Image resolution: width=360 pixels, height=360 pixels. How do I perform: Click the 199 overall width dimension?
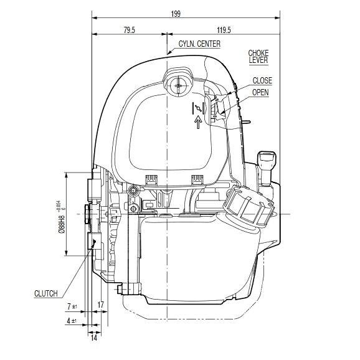point(176,14)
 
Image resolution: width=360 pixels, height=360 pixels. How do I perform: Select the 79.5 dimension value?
point(130,30)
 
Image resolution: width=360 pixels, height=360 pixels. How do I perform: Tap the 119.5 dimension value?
point(224,30)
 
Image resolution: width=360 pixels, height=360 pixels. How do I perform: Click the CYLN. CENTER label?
point(199,44)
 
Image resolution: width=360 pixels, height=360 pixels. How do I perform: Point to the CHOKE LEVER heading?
point(258,57)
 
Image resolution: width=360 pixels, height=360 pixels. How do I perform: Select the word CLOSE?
point(262,80)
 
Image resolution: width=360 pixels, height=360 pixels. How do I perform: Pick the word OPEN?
point(260,92)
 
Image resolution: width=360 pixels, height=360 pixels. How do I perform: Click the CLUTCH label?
point(45,293)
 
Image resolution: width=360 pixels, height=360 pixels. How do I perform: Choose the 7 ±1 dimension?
point(72,306)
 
